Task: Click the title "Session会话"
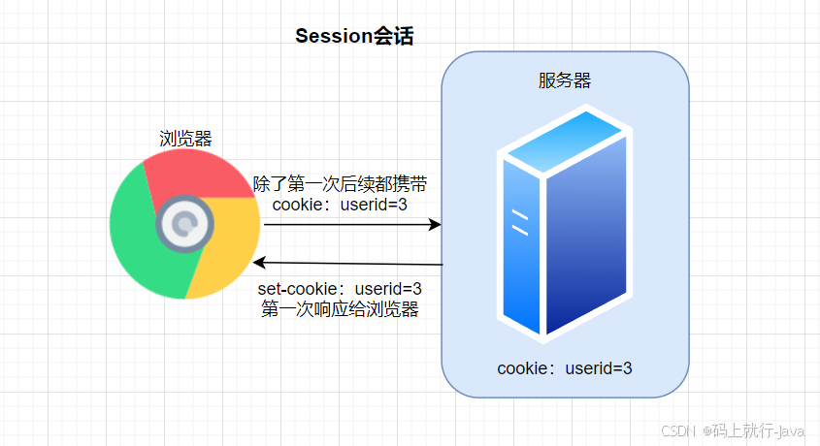pos(354,36)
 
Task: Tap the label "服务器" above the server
pos(565,80)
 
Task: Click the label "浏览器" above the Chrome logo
pos(185,139)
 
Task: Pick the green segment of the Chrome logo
pos(136,235)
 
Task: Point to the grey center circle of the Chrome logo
pos(184,224)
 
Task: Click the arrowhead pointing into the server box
pos(435,225)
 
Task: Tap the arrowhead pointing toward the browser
pos(259,262)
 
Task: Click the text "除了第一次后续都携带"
pos(340,184)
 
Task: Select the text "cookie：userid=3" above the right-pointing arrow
pos(340,205)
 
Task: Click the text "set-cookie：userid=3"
pos(340,289)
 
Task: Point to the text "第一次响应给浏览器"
pos(340,309)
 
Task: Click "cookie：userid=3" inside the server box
pos(565,368)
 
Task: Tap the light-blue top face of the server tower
pos(565,140)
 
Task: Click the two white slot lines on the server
pos(520,222)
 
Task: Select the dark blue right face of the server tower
pos(586,235)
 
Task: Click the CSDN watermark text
pos(732,430)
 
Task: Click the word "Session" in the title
pos(334,36)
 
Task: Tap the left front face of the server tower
pos(521,245)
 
